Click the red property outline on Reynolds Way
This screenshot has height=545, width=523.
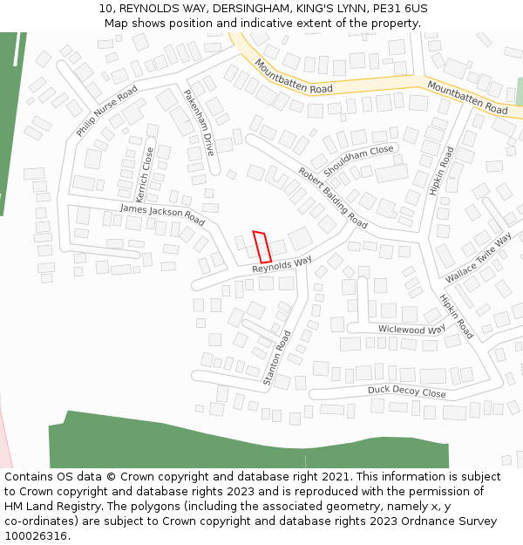[261, 247]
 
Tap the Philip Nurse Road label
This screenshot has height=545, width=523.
[106, 111]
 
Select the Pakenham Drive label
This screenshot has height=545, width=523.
[198, 122]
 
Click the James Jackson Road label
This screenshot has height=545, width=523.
[162, 215]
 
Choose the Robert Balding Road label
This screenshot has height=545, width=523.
[332, 197]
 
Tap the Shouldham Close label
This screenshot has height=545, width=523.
[358, 161]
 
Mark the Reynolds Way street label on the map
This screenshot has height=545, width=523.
[282, 264]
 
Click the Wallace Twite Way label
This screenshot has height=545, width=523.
[479, 258]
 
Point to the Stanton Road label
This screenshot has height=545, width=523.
[277, 358]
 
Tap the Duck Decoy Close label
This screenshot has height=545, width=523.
[406, 392]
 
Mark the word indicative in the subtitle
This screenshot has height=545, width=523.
[245, 23]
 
